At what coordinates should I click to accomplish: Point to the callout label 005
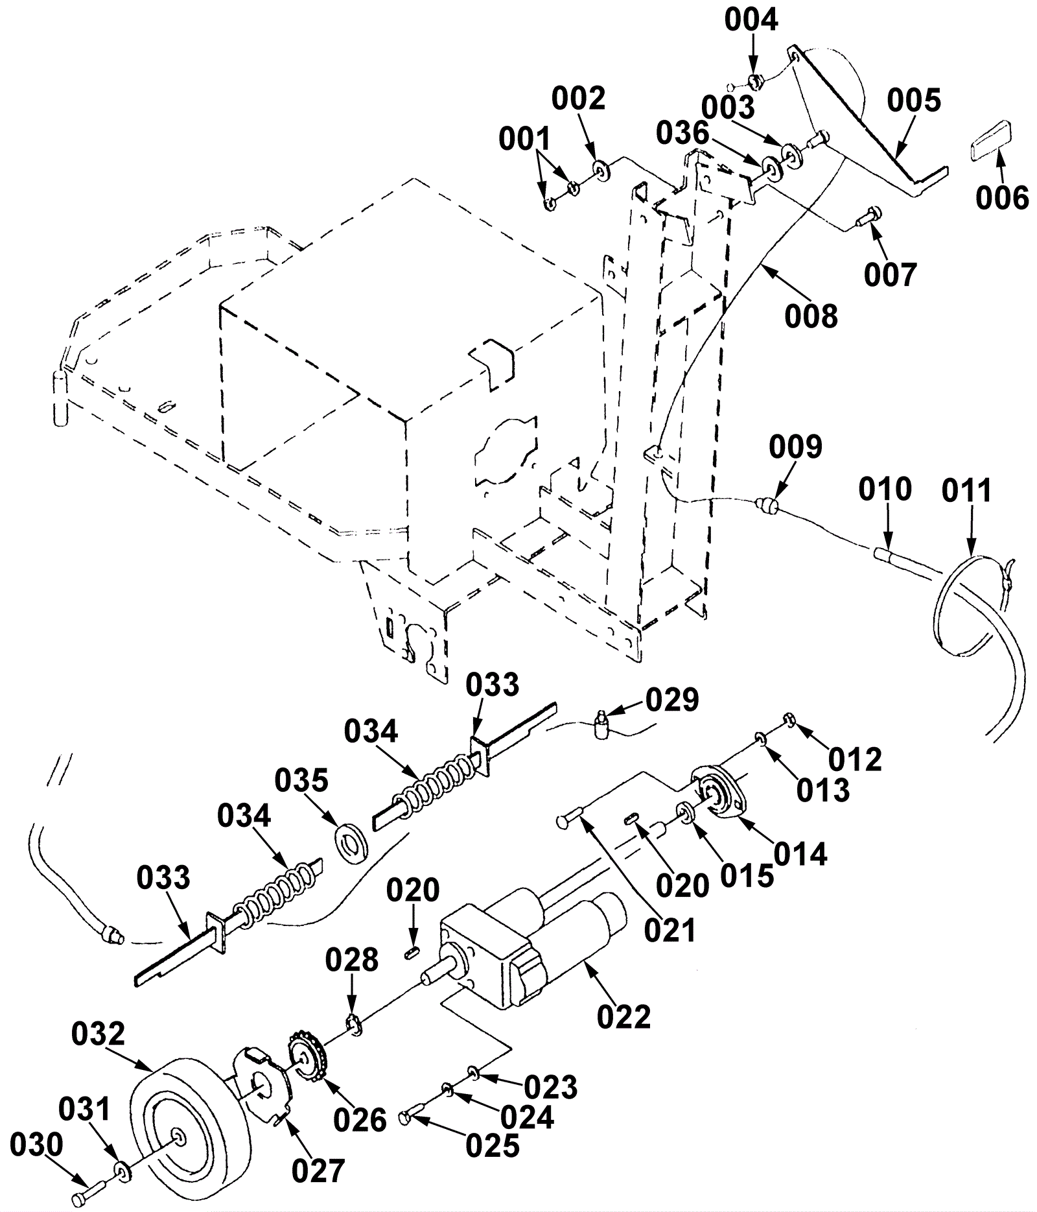pos(914,101)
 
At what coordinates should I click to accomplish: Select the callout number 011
pos(966,491)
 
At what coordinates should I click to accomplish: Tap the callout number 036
pos(682,134)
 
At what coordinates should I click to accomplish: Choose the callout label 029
pos(672,700)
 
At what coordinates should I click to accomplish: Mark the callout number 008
pos(811,316)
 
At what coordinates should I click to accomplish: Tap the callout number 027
pos(318,1172)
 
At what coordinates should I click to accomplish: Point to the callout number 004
pos(751,20)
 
